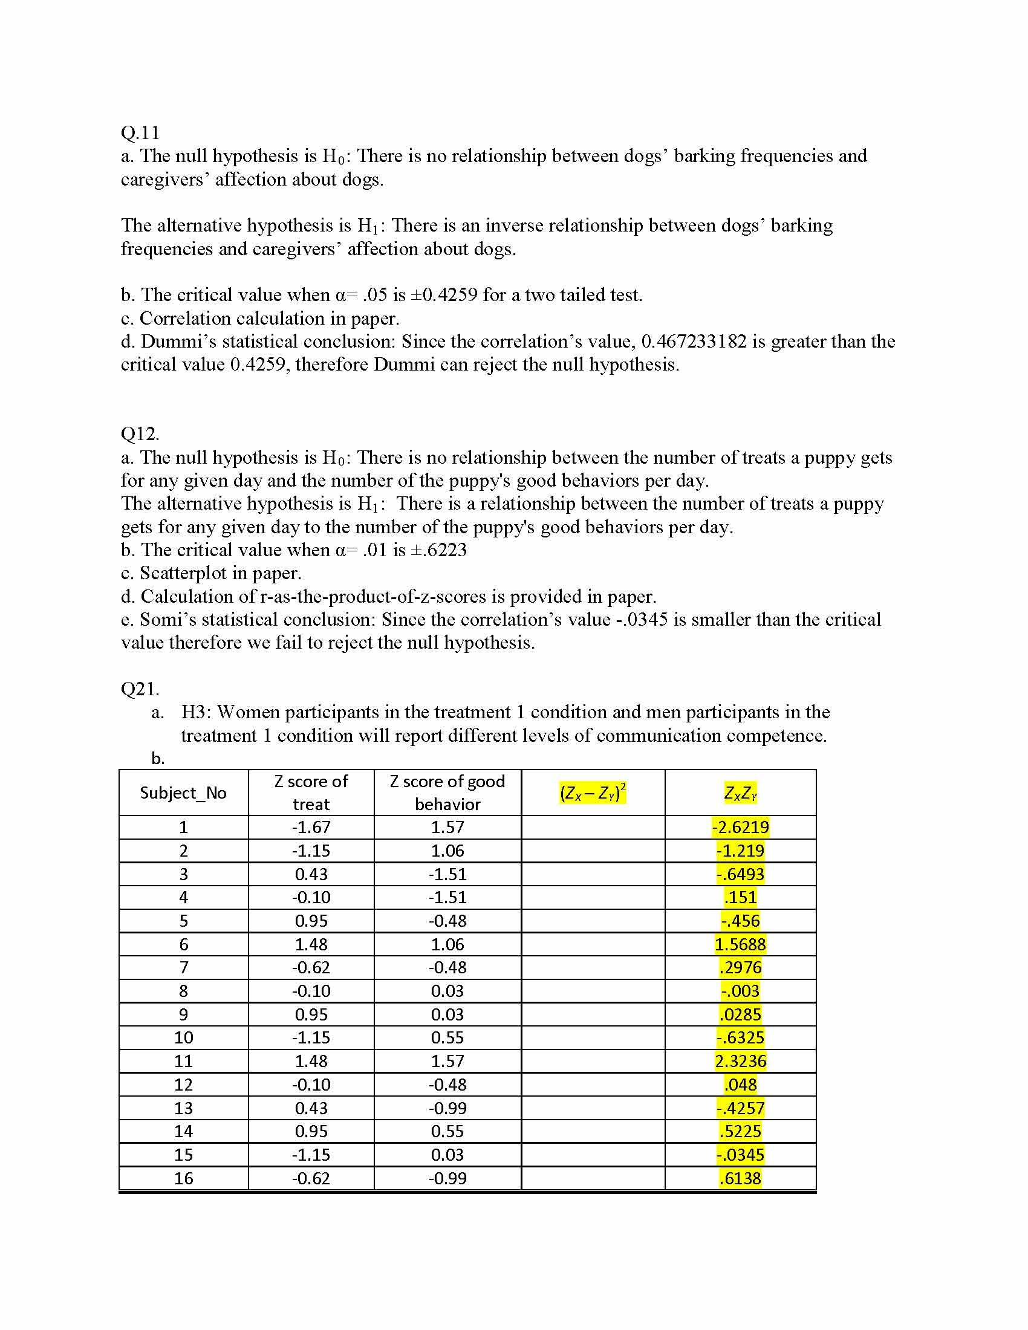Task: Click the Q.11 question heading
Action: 140,132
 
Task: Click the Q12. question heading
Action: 140,433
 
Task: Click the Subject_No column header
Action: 183,793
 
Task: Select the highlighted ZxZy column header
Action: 740,793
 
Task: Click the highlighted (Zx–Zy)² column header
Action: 593,793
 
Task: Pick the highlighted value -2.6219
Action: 740,827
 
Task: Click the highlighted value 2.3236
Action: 740,1061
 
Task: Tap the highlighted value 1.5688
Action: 740,944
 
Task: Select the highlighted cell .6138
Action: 740,1178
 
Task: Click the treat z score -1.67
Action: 311,827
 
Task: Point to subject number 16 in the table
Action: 183,1178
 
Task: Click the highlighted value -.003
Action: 740,991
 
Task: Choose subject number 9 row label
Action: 183,1014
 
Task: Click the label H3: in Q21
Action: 196,712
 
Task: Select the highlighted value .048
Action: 740,1085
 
